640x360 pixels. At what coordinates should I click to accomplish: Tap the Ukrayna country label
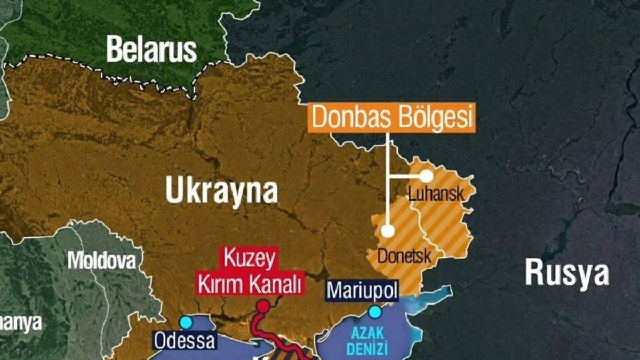tap(221, 190)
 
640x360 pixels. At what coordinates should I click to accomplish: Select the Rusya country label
tap(566, 273)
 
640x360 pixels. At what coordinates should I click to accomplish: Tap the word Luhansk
tap(436, 194)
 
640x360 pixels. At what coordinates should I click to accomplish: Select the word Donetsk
tap(404, 256)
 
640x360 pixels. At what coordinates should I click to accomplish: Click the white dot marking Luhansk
tap(426, 175)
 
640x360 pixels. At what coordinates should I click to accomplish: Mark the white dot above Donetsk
tap(388, 231)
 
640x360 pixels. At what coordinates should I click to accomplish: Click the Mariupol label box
tap(363, 291)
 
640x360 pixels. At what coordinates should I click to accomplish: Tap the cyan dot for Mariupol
tap(375, 311)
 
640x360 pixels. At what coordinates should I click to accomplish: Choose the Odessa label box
tap(185, 340)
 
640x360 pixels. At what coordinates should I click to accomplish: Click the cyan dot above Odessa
tap(186, 322)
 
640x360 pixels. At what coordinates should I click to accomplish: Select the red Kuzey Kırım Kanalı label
tap(251, 271)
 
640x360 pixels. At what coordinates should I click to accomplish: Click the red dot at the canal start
tap(263, 306)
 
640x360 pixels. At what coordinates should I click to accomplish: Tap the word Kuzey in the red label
tap(251, 260)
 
